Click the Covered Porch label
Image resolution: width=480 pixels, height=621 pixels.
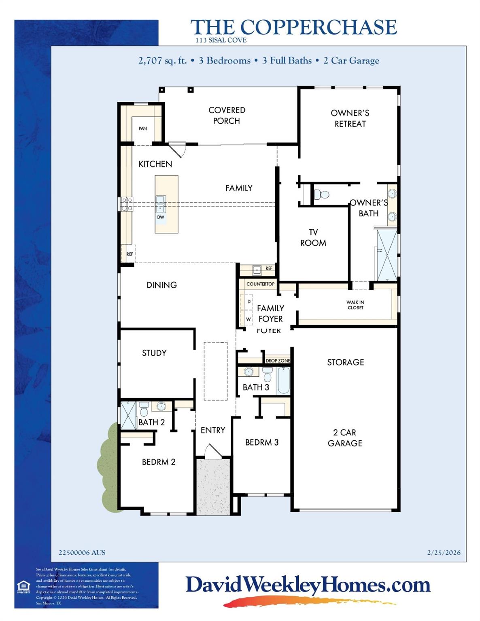pyautogui.click(x=227, y=115)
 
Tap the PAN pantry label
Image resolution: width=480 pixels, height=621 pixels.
pyautogui.click(x=142, y=129)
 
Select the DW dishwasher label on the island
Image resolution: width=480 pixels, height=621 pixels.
pyautogui.click(x=161, y=217)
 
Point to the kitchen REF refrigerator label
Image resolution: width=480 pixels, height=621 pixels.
pyautogui.click(x=130, y=254)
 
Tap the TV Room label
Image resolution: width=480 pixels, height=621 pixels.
pyautogui.click(x=313, y=237)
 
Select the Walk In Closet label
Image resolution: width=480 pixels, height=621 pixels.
pyautogui.click(x=355, y=305)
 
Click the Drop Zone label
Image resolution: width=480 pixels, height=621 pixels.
pyautogui.click(x=278, y=361)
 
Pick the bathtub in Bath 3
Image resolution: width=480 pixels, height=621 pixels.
pyautogui.click(x=283, y=380)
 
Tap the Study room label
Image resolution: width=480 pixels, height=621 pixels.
pyautogui.click(x=154, y=353)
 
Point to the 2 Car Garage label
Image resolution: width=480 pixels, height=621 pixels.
pyautogui.click(x=345, y=438)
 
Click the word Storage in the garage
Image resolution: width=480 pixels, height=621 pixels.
pyautogui.click(x=345, y=362)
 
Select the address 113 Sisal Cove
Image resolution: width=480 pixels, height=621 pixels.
pyautogui.click(x=221, y=40)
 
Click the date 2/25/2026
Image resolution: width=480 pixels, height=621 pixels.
pyautogui.click(x=444, y=552)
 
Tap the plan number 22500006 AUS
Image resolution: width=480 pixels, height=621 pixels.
pyautogui.click(x=82, y=552)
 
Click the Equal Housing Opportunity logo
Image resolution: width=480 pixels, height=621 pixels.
pyautogui.click(x=23, y=587)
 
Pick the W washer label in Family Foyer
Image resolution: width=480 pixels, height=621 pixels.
pyautogui.click(x=248, y=319)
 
